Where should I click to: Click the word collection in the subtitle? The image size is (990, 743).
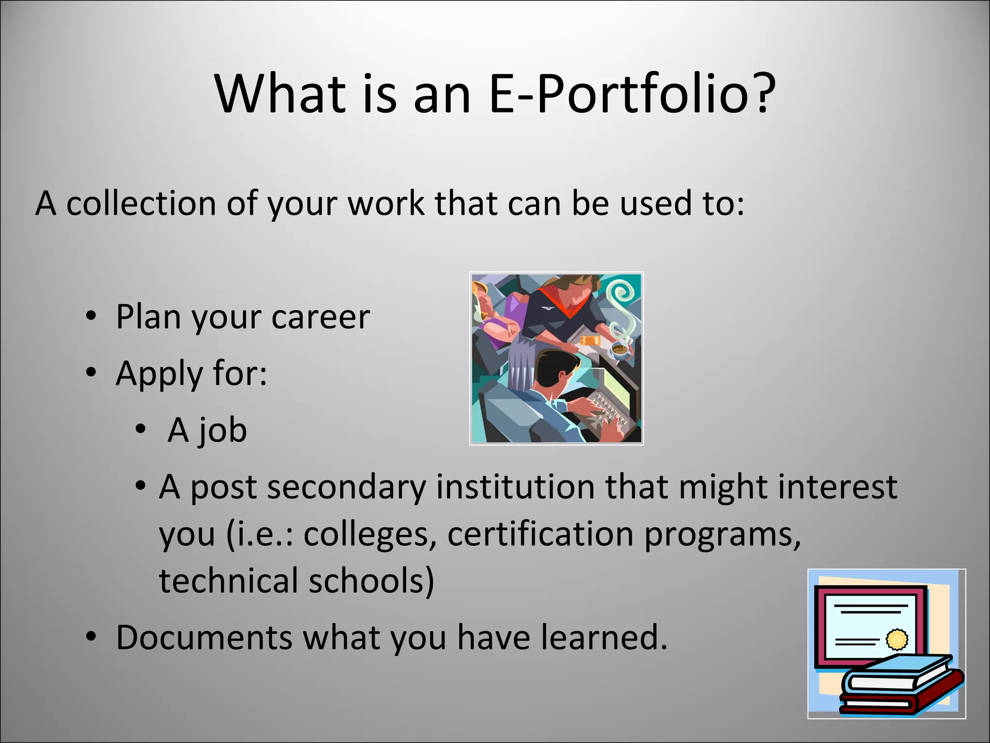141,203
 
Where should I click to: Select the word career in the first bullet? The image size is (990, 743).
320,317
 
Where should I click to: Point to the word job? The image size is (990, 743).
223,431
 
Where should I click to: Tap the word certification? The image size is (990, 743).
540,534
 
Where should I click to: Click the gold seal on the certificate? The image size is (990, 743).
897,639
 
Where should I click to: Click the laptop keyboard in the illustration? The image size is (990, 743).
607,411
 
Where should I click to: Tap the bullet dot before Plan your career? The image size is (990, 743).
91,316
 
